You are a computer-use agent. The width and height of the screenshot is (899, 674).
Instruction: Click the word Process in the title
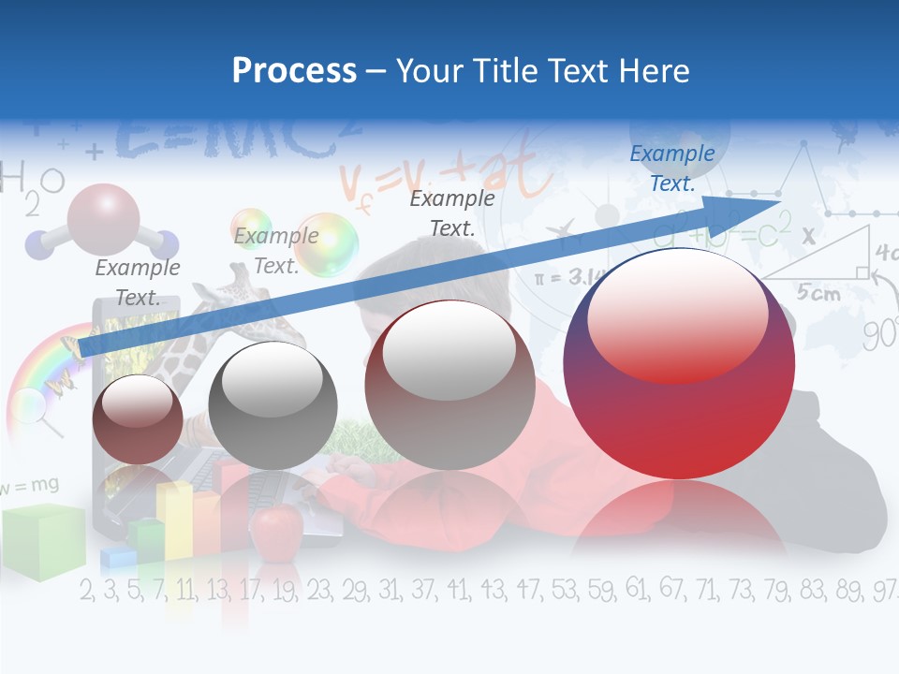pos(294,70)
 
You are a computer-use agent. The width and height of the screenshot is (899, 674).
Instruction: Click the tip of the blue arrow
pos(779,201)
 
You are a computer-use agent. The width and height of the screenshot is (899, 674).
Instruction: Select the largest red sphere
pos(679,363)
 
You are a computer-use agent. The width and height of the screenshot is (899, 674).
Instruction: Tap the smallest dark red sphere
pos(138,418)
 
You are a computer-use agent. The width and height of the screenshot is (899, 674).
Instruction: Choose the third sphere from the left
pos(449,385)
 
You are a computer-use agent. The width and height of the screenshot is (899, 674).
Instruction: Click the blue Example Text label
pos(671,168)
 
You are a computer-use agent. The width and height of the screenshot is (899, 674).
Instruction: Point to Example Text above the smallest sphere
pos(138,283)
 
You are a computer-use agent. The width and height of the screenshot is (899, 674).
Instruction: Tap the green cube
pos(42,541)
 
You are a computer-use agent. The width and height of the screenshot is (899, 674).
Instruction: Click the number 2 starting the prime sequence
pos(87,591)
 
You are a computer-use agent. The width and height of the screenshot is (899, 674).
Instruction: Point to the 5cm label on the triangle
pos(818,292)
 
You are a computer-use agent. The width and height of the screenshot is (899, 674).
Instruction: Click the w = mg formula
pos(30,484)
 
